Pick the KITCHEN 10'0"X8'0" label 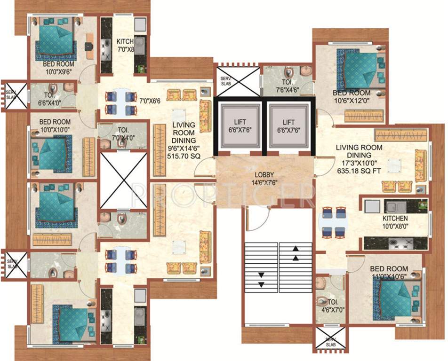click(395, 222)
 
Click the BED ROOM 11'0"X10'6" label click(389, 273)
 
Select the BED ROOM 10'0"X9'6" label click(58, 68)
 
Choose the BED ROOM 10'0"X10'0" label click(55, 126)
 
